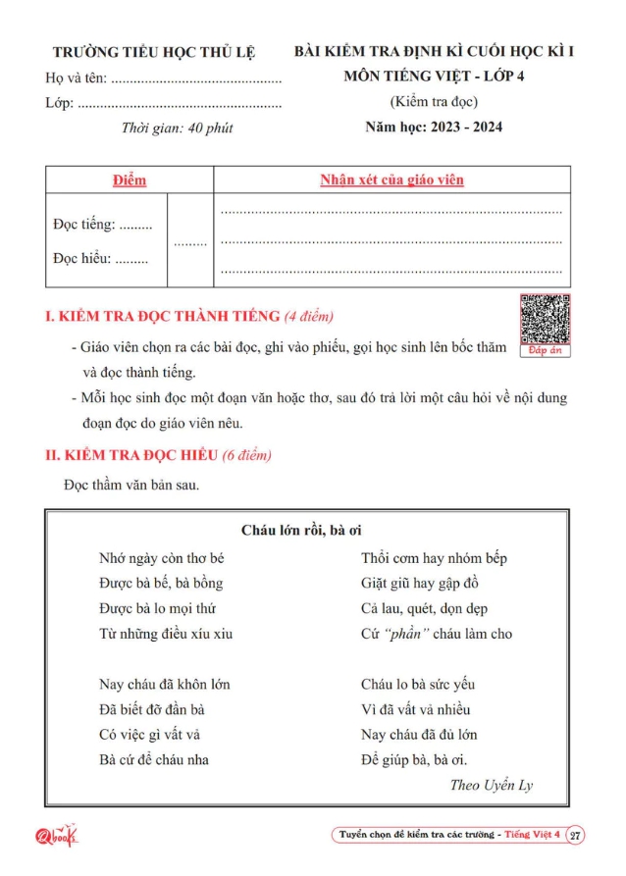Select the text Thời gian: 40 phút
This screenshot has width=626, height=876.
pyautogui.click(x=177, y=128)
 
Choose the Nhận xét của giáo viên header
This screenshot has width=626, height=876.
pyautogui.click(x=391, y=180)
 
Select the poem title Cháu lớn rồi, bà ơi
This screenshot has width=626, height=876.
pyautogui.click(x=302, y=531)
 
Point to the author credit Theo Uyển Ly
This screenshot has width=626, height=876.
pyautogui.click(x=492, y=785)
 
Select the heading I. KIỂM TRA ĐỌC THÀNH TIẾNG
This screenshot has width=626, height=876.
pyautogui.click(x=190, y=316)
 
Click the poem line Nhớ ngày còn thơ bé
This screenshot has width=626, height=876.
pyautogui.click(x=162, y=558)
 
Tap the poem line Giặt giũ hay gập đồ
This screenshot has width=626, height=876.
pyautogui.click(x=420, y=583)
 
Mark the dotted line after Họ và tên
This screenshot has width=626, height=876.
pyautogui.click(x=196, y=78)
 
